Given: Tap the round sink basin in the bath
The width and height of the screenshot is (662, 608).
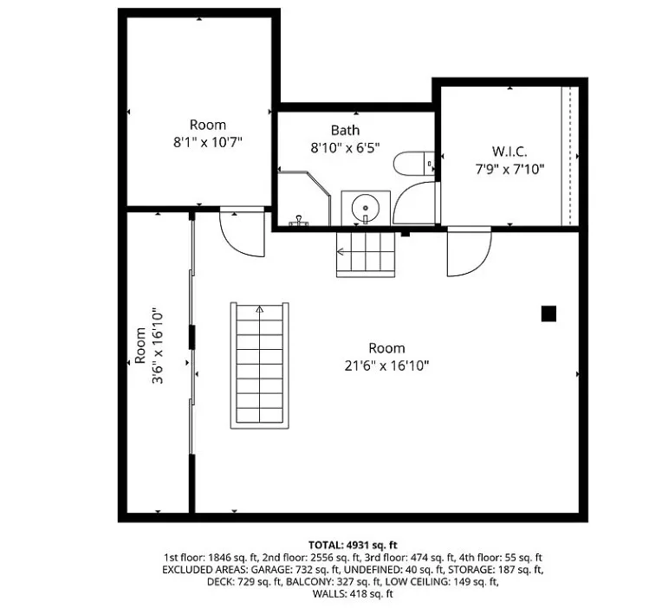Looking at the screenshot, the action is coord(365,208).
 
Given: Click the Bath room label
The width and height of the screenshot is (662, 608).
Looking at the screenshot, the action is coord(345,130).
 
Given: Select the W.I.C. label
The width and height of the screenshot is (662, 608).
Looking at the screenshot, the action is coord(509,152).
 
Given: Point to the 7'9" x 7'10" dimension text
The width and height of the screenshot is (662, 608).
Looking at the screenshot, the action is coord(509,169).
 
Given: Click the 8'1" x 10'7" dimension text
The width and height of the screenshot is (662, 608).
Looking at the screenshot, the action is coord(208,142).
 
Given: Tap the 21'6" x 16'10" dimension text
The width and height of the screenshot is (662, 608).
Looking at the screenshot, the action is coord(386,365).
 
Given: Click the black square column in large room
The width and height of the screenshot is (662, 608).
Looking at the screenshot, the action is coord(548,314).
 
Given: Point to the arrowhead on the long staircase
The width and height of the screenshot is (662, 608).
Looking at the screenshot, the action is coord(260,310).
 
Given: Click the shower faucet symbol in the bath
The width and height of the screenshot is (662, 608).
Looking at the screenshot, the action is coord(299,221).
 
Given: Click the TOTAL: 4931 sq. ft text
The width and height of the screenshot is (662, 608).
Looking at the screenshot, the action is coord(353,545).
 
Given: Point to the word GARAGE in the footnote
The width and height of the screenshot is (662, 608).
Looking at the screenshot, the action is coord(266,570).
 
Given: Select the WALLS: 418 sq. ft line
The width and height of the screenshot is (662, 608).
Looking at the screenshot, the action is coord(353,594).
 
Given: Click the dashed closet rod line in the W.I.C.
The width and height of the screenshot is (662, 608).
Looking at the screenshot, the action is coord(570,156).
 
